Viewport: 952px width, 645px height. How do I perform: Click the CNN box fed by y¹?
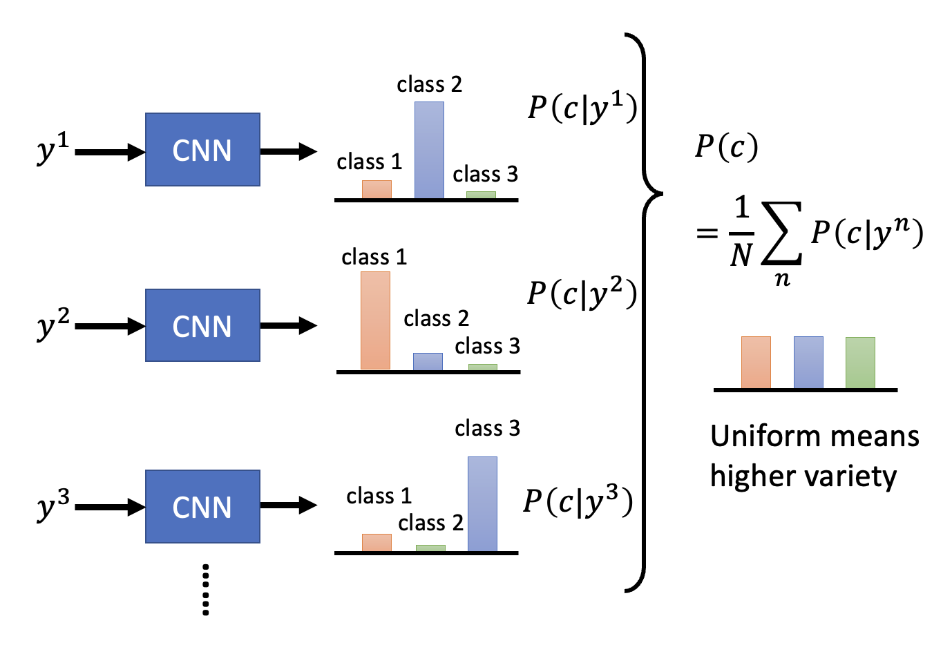[x=202, y=150]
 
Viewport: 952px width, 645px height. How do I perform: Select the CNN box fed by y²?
[x=202, y=325]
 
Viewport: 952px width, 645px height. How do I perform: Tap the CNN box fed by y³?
[x=202, y=506]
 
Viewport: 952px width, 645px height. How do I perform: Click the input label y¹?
[x=53, y=148]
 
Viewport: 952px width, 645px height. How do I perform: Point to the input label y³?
[x=53, y=505]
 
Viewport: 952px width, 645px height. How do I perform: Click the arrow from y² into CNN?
[x=109, y=326]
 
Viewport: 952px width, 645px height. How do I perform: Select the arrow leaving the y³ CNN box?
[x=288, y=506]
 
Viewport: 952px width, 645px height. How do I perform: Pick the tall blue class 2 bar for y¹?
[x=429, y=151]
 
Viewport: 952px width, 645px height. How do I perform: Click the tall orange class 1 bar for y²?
[x=375, y=320]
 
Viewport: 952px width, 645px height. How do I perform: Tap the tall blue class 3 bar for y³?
[x=482, y=504]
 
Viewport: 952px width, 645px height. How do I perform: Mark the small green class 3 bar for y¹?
[x=481, y=195]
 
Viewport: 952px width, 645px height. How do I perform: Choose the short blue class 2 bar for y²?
[x=428, y=362]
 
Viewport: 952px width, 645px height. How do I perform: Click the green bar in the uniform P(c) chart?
[x=860, y=363]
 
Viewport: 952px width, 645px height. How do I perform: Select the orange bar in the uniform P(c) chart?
[x=756, y=363]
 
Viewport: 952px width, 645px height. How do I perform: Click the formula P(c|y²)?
[x=581, y=293]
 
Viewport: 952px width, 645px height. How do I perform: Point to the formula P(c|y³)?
[x=578, y=501]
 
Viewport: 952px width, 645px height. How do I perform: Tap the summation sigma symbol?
[x=781, y=233]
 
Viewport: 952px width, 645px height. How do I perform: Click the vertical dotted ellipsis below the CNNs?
[x=205, y=589]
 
